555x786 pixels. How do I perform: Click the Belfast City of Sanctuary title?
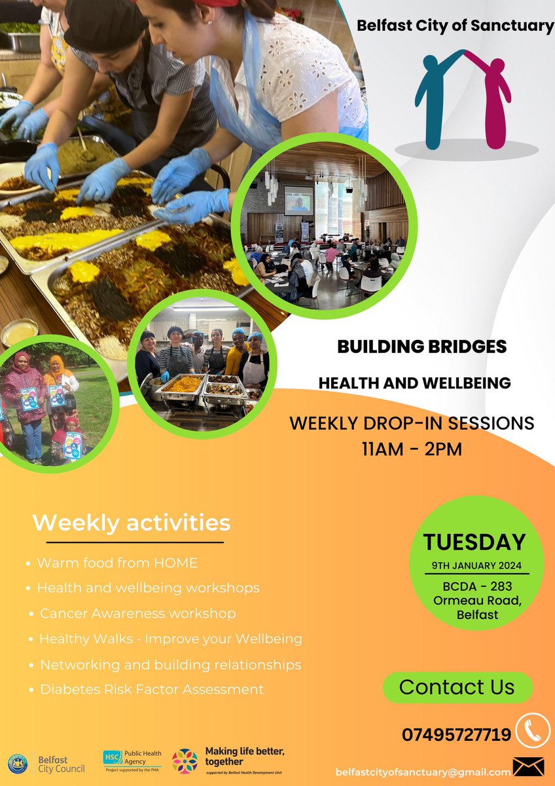click(455, 26)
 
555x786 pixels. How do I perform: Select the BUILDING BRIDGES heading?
click(421, 346)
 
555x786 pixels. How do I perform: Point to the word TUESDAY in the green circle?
click(474, 542)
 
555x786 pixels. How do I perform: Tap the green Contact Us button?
click(457, 687)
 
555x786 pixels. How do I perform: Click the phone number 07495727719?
click(456, 735)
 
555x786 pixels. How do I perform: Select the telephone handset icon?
click(532, 730)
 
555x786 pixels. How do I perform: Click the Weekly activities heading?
click(131, 523)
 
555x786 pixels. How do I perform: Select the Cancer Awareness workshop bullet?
click(137, 614)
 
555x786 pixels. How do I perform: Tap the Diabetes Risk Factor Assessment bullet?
click(152, 689)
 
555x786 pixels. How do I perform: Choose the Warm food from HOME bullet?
click(117, 563)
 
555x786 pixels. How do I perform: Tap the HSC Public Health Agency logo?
click(132, 760)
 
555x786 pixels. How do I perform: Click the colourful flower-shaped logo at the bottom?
click(185, 761)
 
